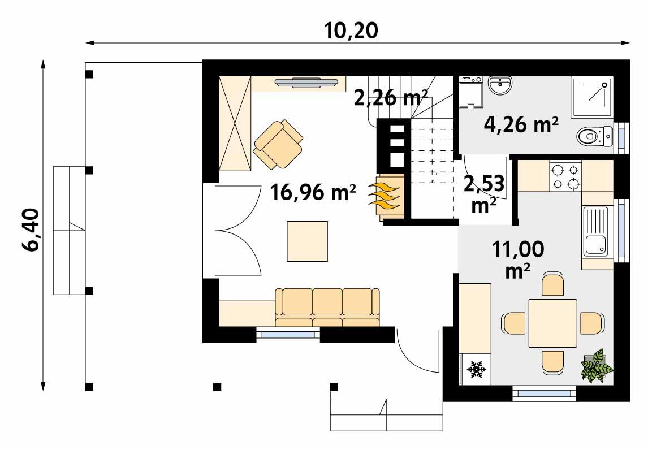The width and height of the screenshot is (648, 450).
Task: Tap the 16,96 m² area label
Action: [x=313, y=193]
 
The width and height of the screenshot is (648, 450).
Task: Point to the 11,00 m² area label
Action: [x=519, y=258]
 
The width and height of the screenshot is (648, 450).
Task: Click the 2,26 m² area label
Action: [x=390, y=97]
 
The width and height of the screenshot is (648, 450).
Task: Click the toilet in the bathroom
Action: [x=594, y=136]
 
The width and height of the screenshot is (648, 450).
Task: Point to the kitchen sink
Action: [x=596, y=231]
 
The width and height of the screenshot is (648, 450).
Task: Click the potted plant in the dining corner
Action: [x=597, y=366]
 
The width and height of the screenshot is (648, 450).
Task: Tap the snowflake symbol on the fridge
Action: [x=477, y=369]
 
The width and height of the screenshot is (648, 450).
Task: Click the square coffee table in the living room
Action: [x=307, y=241]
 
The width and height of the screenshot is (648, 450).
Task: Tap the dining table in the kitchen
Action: [x=552, y=323]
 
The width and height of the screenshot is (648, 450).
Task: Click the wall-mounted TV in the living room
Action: [x=310, y=84]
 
